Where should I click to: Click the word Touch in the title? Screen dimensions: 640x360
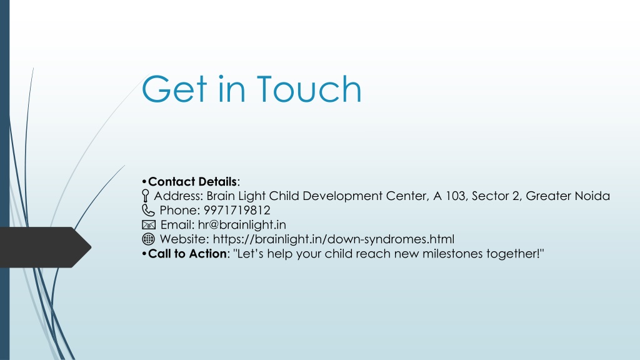[309, 89]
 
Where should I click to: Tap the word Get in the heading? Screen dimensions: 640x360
[174, 89]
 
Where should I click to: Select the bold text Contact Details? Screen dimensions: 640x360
[192, 182]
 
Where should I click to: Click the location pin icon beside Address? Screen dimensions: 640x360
[145, 196]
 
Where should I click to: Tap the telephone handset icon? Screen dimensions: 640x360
[148, 210]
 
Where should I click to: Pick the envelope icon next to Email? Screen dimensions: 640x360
[149, 225]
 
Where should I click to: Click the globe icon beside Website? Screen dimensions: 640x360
[148, 239]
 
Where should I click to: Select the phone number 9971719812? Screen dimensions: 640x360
[237, 210]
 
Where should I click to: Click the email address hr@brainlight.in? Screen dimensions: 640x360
[242, 225]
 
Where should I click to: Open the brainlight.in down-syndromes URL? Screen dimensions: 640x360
[334, 239]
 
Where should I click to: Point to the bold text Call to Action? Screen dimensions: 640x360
[187, 254]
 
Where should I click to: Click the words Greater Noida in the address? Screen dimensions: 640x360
[567, 196]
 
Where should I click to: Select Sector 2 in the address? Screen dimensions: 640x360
[496, 196]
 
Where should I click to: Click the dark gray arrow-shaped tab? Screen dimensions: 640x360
[43, 247]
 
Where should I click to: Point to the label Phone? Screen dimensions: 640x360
[179, 210]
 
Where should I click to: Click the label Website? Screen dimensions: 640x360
[184, 239]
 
